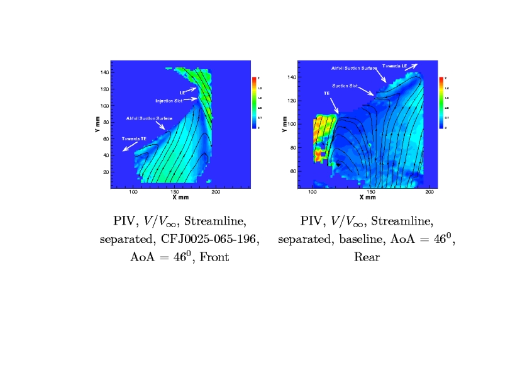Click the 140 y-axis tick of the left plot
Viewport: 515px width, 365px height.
click(105, 72)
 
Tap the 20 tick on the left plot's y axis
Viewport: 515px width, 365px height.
click(106, 172)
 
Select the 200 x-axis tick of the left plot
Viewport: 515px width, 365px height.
click(216, 192)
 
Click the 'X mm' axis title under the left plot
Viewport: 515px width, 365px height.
click(180, 198)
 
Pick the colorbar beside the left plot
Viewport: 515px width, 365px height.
click(254, 102)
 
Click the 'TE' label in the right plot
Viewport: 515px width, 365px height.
click(327, 94)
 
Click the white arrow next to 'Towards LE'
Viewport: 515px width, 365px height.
click(412, 65)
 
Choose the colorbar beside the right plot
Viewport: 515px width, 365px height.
click(441, 102)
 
